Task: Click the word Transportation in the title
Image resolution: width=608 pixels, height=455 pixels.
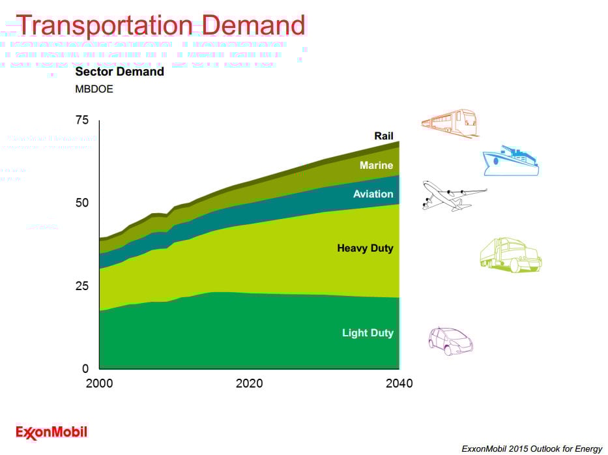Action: [104, 25]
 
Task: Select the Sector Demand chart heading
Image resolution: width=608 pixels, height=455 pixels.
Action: [119, 72]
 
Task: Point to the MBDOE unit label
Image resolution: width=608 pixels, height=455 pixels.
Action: [94, 89]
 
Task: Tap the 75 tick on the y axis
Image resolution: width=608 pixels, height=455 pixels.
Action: [82, 120]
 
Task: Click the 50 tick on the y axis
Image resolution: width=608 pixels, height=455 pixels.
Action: [82, 203]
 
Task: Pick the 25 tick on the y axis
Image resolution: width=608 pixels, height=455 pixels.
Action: [82, 286]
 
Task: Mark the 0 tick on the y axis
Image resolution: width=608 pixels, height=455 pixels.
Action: [85, 368]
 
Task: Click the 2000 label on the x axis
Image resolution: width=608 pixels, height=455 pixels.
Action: [99, 383]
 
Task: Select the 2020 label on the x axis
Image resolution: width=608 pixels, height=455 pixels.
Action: [249, 383]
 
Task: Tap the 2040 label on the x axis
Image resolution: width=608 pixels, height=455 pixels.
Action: [399, 383]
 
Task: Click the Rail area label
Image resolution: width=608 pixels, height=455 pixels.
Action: [383, 136]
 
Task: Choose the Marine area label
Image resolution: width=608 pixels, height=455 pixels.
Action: [376, 166]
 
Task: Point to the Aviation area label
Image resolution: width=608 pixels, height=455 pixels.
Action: [373, 194]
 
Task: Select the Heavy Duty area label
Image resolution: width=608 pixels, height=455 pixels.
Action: [365, 248]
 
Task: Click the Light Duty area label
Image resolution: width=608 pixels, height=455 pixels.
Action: [368, 333]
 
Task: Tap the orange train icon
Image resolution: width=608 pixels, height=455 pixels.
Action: [450, 123]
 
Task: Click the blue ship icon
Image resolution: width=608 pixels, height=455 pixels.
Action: [510, 161]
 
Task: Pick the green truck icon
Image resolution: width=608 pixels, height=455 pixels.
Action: [510, 255]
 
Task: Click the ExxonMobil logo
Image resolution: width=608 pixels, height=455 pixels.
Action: [51, 432]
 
